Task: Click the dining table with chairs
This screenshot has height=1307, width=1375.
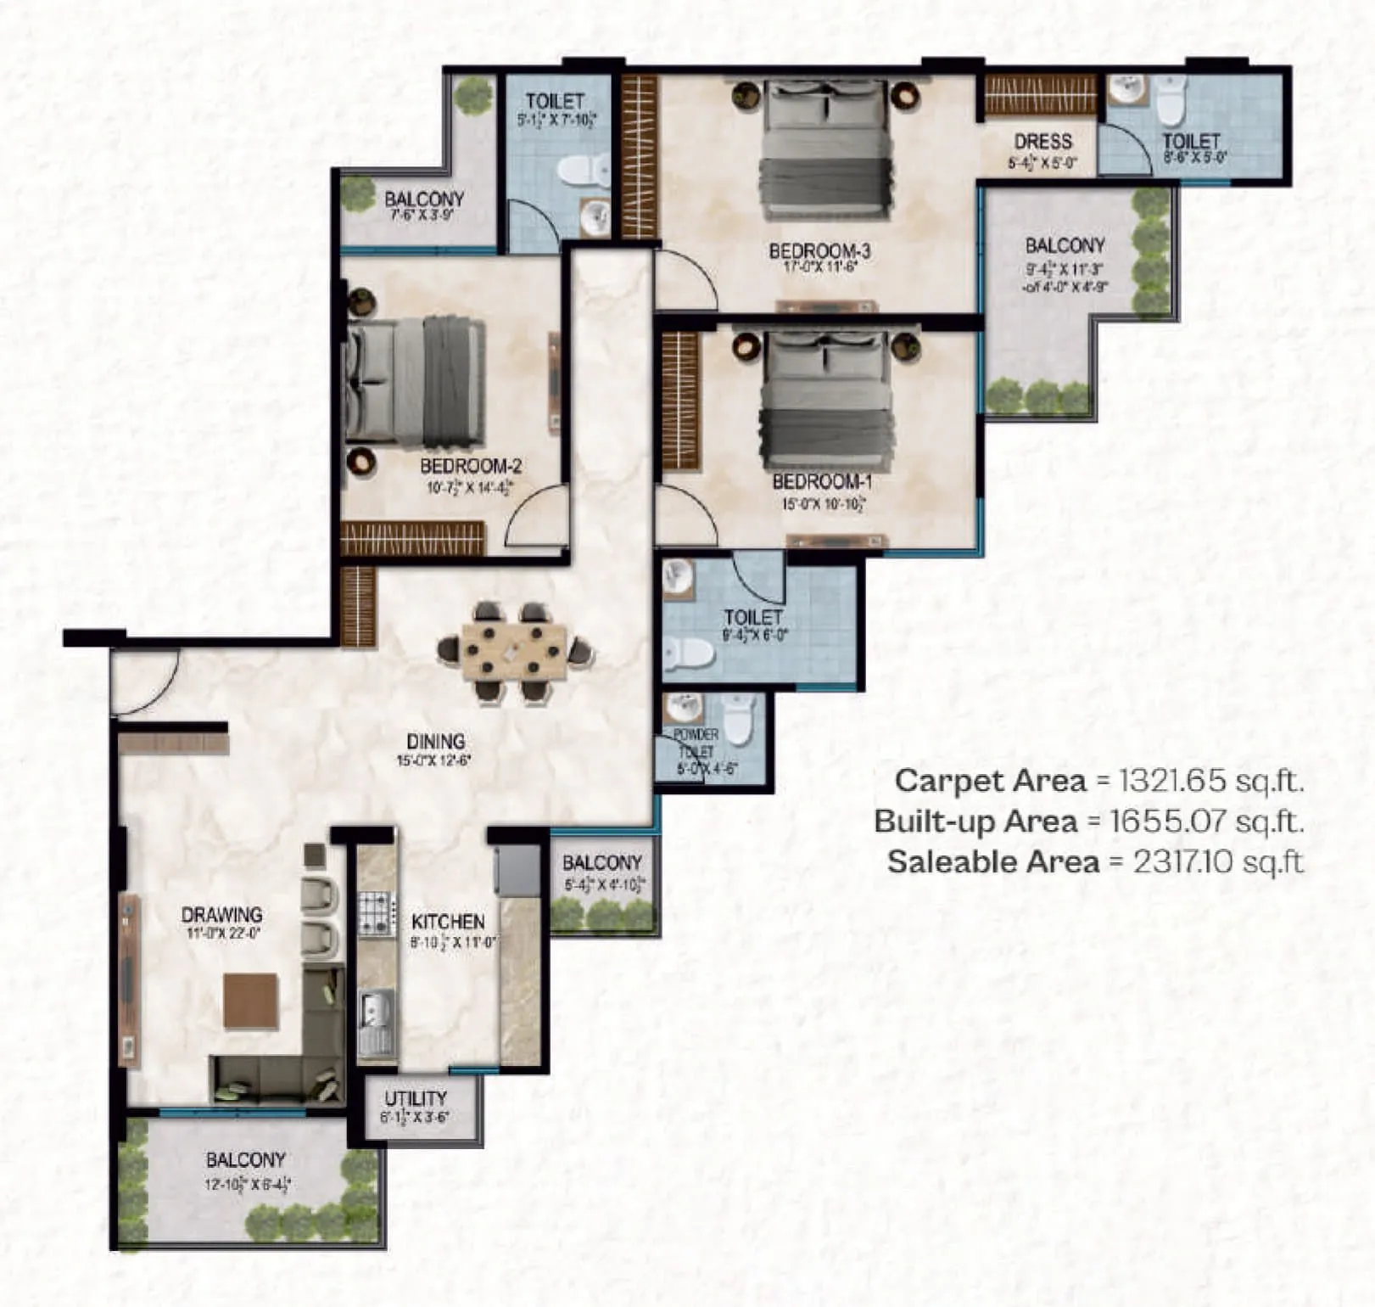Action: (x=514, y=651)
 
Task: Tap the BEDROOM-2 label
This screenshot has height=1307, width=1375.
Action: (x=470, y=466)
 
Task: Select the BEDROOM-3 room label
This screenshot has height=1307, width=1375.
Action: (x=819, y=251)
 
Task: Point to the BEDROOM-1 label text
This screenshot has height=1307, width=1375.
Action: (x=821, y=482)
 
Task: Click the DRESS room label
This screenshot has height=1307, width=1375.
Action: (x=1042, y=142)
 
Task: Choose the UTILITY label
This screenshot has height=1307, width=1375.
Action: (x=416, y=1099)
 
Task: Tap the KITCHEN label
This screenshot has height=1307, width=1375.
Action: (x=448, y=922)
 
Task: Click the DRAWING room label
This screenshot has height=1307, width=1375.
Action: (x=221, y=915)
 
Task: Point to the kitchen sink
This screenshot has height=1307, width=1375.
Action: (x=374, y=1013)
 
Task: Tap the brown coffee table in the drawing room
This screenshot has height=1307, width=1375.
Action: (x=250, y=1001)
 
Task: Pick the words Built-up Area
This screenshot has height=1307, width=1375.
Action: (x=975, y=822)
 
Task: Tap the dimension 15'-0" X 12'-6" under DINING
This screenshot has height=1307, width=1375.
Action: (x=433, y=761)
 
